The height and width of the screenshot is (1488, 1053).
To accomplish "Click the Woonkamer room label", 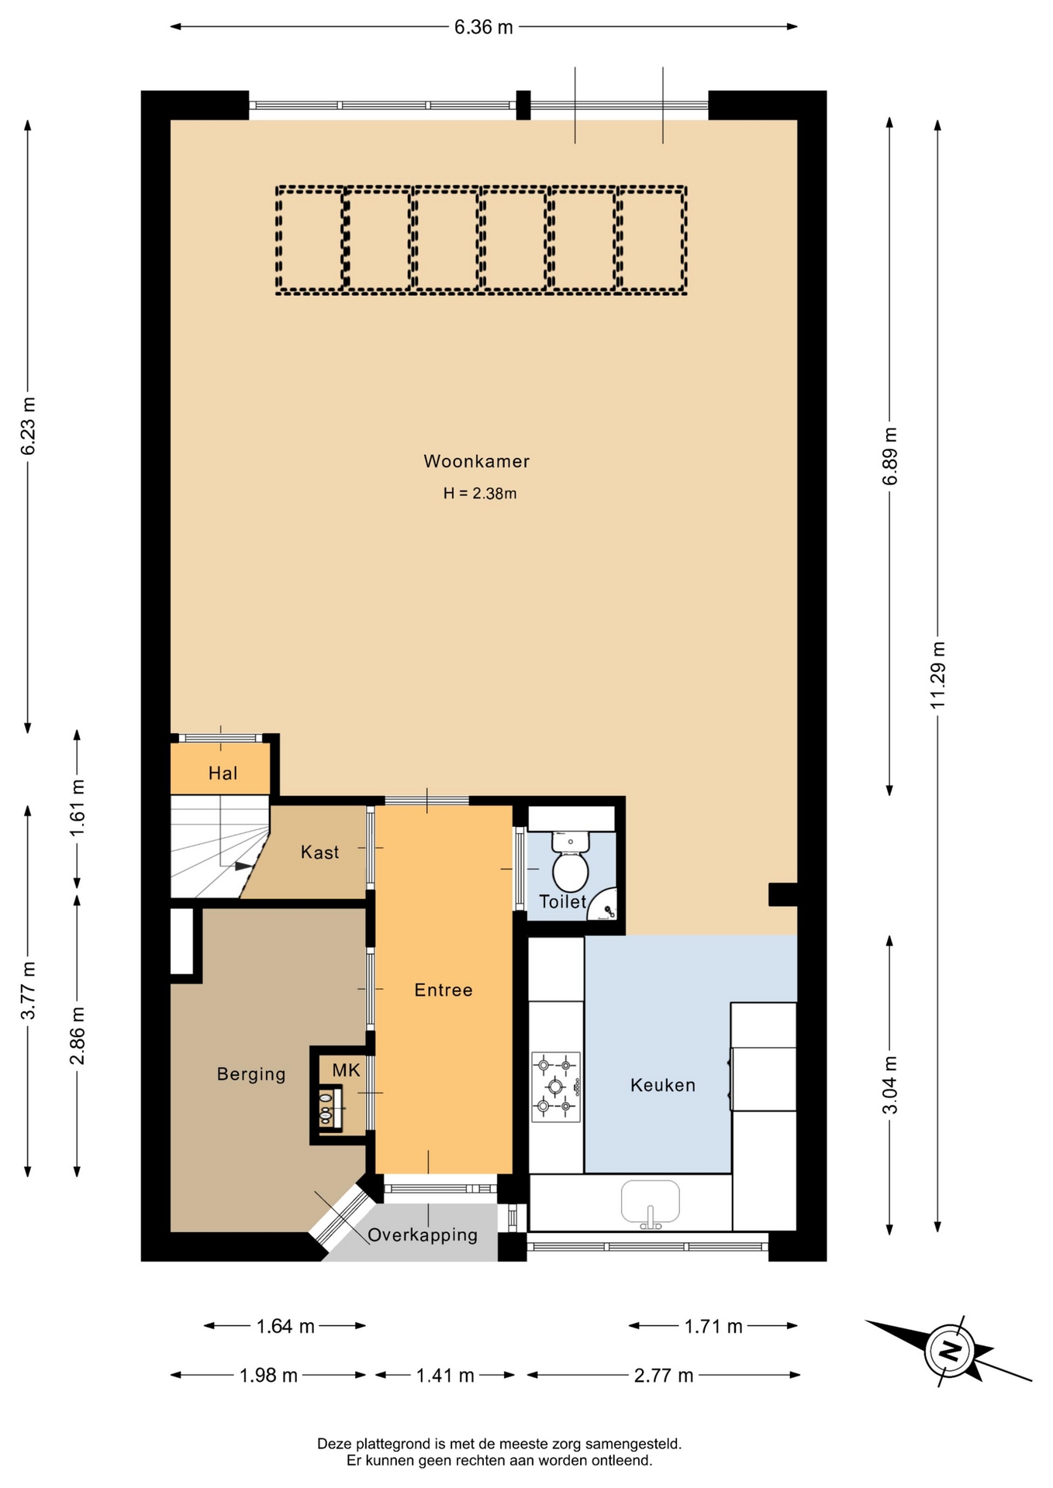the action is pos(476,461).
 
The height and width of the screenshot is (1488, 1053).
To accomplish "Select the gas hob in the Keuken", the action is pos(556,1087).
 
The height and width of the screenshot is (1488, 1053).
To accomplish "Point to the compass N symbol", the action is pos(950,1352).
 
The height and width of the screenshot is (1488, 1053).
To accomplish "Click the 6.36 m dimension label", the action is pos(484,27).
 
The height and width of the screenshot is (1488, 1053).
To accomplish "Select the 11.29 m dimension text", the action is pos(937,674).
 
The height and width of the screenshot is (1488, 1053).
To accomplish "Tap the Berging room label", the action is pos(251,1074).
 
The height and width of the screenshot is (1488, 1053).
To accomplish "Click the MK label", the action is pos(346,1070).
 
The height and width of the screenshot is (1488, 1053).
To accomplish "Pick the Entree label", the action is pos(444,990).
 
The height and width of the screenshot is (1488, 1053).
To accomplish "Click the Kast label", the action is pos(319,852).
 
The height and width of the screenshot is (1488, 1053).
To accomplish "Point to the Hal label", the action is pos(223,773).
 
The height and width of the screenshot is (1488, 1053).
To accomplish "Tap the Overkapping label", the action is pos(423,1235).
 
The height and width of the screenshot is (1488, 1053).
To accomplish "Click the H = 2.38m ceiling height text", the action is pos(480,493).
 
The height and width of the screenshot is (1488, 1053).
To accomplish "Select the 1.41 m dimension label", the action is pos(445,1376).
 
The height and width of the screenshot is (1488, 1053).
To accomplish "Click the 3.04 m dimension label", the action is pos(890,1085).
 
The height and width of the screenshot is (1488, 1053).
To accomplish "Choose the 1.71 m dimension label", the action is pos(713,1327).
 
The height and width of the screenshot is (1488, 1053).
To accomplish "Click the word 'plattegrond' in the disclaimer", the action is pos(390,1444).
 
